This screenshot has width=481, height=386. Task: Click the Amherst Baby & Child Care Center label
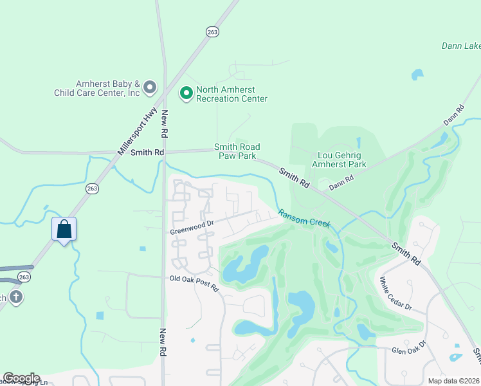pos(107,88)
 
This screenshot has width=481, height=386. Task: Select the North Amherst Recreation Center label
pos(226,94)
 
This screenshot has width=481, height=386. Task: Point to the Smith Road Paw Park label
pos(235,151)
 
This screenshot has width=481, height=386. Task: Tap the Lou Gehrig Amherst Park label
pos(339,160)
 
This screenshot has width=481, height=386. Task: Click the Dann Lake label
pos(460,46)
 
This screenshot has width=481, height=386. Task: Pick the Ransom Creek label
pos(304,219)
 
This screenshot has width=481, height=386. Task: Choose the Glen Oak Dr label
pos(409,348)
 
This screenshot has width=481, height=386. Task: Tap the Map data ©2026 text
pos(454,381)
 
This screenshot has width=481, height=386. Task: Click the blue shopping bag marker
pos(64,229)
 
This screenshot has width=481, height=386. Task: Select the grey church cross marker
pos(16,298)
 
